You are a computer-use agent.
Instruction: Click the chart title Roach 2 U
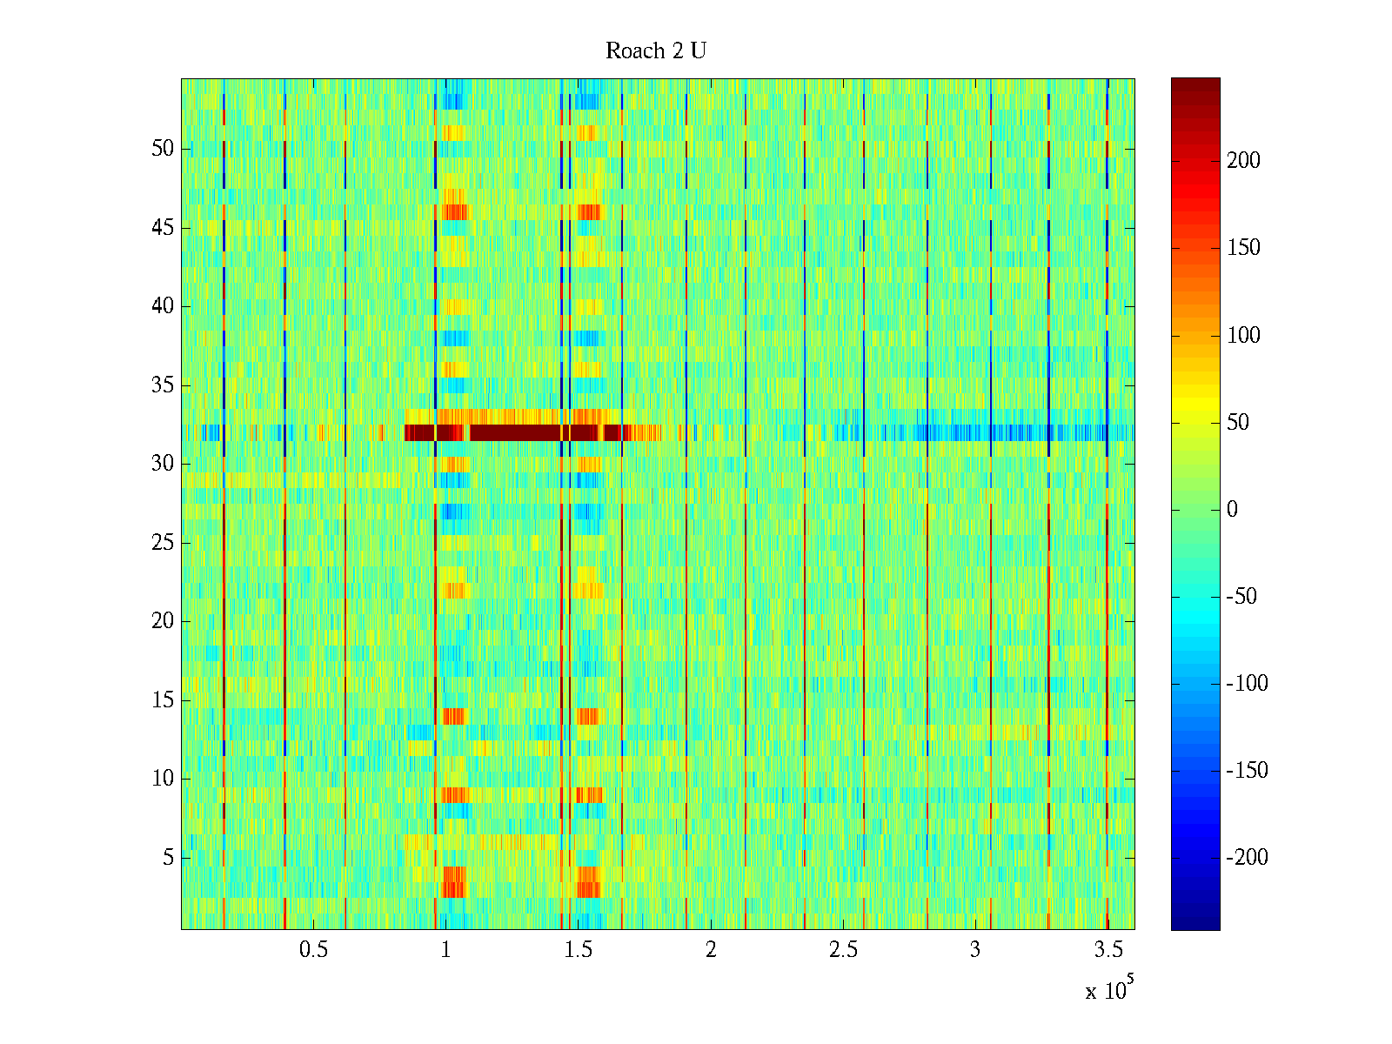point(656,51)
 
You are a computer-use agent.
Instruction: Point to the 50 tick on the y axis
point(163,149)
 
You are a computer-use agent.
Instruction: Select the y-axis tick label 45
point(163,228)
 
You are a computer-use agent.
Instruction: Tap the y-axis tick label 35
point(163,385)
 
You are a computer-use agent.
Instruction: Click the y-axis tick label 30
point(163,464)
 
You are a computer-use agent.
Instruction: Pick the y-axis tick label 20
point(163,621)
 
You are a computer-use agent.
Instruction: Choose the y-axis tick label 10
point(163,779)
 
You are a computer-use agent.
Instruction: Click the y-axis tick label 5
point(168,858)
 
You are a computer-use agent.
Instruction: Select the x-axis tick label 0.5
point(313,950)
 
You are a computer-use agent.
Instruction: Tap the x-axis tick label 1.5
point(579,950)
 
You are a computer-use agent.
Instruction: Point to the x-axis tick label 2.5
point(843,950)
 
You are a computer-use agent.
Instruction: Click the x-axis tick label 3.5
point(1108,950)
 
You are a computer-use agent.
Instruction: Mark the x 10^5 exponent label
point(1109,989)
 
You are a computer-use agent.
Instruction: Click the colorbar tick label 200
point(1243,161)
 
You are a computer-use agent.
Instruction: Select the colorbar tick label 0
point(1232,510)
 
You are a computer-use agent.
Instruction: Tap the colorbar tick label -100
point(1247,684)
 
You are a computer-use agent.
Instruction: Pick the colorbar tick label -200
point(1247,858)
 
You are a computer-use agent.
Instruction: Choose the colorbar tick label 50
point(1238,423)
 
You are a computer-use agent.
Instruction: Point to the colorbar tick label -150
point(1247,771)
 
